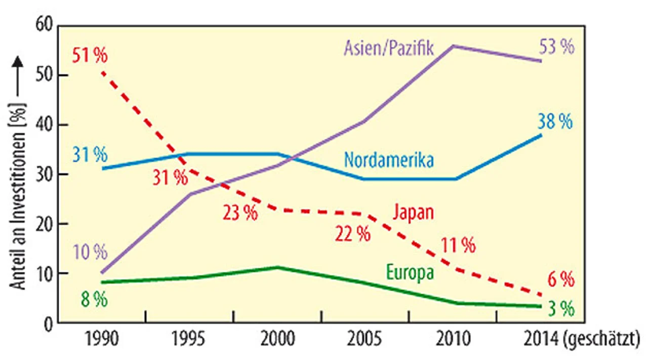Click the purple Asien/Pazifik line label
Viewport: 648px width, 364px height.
click(x=388, y=49)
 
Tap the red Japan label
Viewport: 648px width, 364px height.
click(x=413, y=212)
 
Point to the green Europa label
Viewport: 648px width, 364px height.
click(x=410, y=273)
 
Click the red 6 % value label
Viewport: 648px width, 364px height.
click(x=561, y=279)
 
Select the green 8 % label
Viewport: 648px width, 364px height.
click(x=94, y=300)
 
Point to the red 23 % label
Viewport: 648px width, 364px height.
click(x=240, y=213)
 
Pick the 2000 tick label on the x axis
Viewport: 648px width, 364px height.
click(x=277, y=338)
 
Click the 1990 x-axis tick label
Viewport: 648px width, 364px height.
click(x=102, y=338)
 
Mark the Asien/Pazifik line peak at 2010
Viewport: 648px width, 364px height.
click(x=453, y=46)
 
